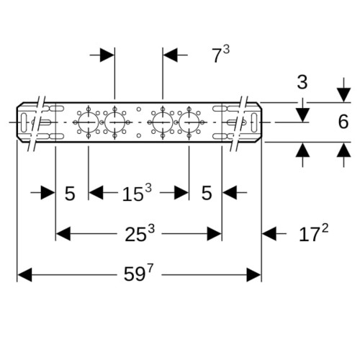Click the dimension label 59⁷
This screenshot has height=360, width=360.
click(x=138, y=274)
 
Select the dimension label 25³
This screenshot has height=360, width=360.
click(x=140, y=233)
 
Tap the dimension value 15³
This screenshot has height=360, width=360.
click(x=137, y=193)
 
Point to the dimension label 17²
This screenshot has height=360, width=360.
click(x=313, y=233)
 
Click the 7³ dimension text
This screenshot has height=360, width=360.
click(x=221, y=55)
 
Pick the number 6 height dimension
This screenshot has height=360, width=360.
click(x=343, y=122)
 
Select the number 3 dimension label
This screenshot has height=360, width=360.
click(x=302, y=82)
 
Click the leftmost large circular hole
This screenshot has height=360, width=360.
click(x=89, y=122)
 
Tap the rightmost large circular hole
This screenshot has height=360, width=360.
click(x=189, y=122)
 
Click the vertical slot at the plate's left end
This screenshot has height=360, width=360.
click(x=24, y=122)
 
